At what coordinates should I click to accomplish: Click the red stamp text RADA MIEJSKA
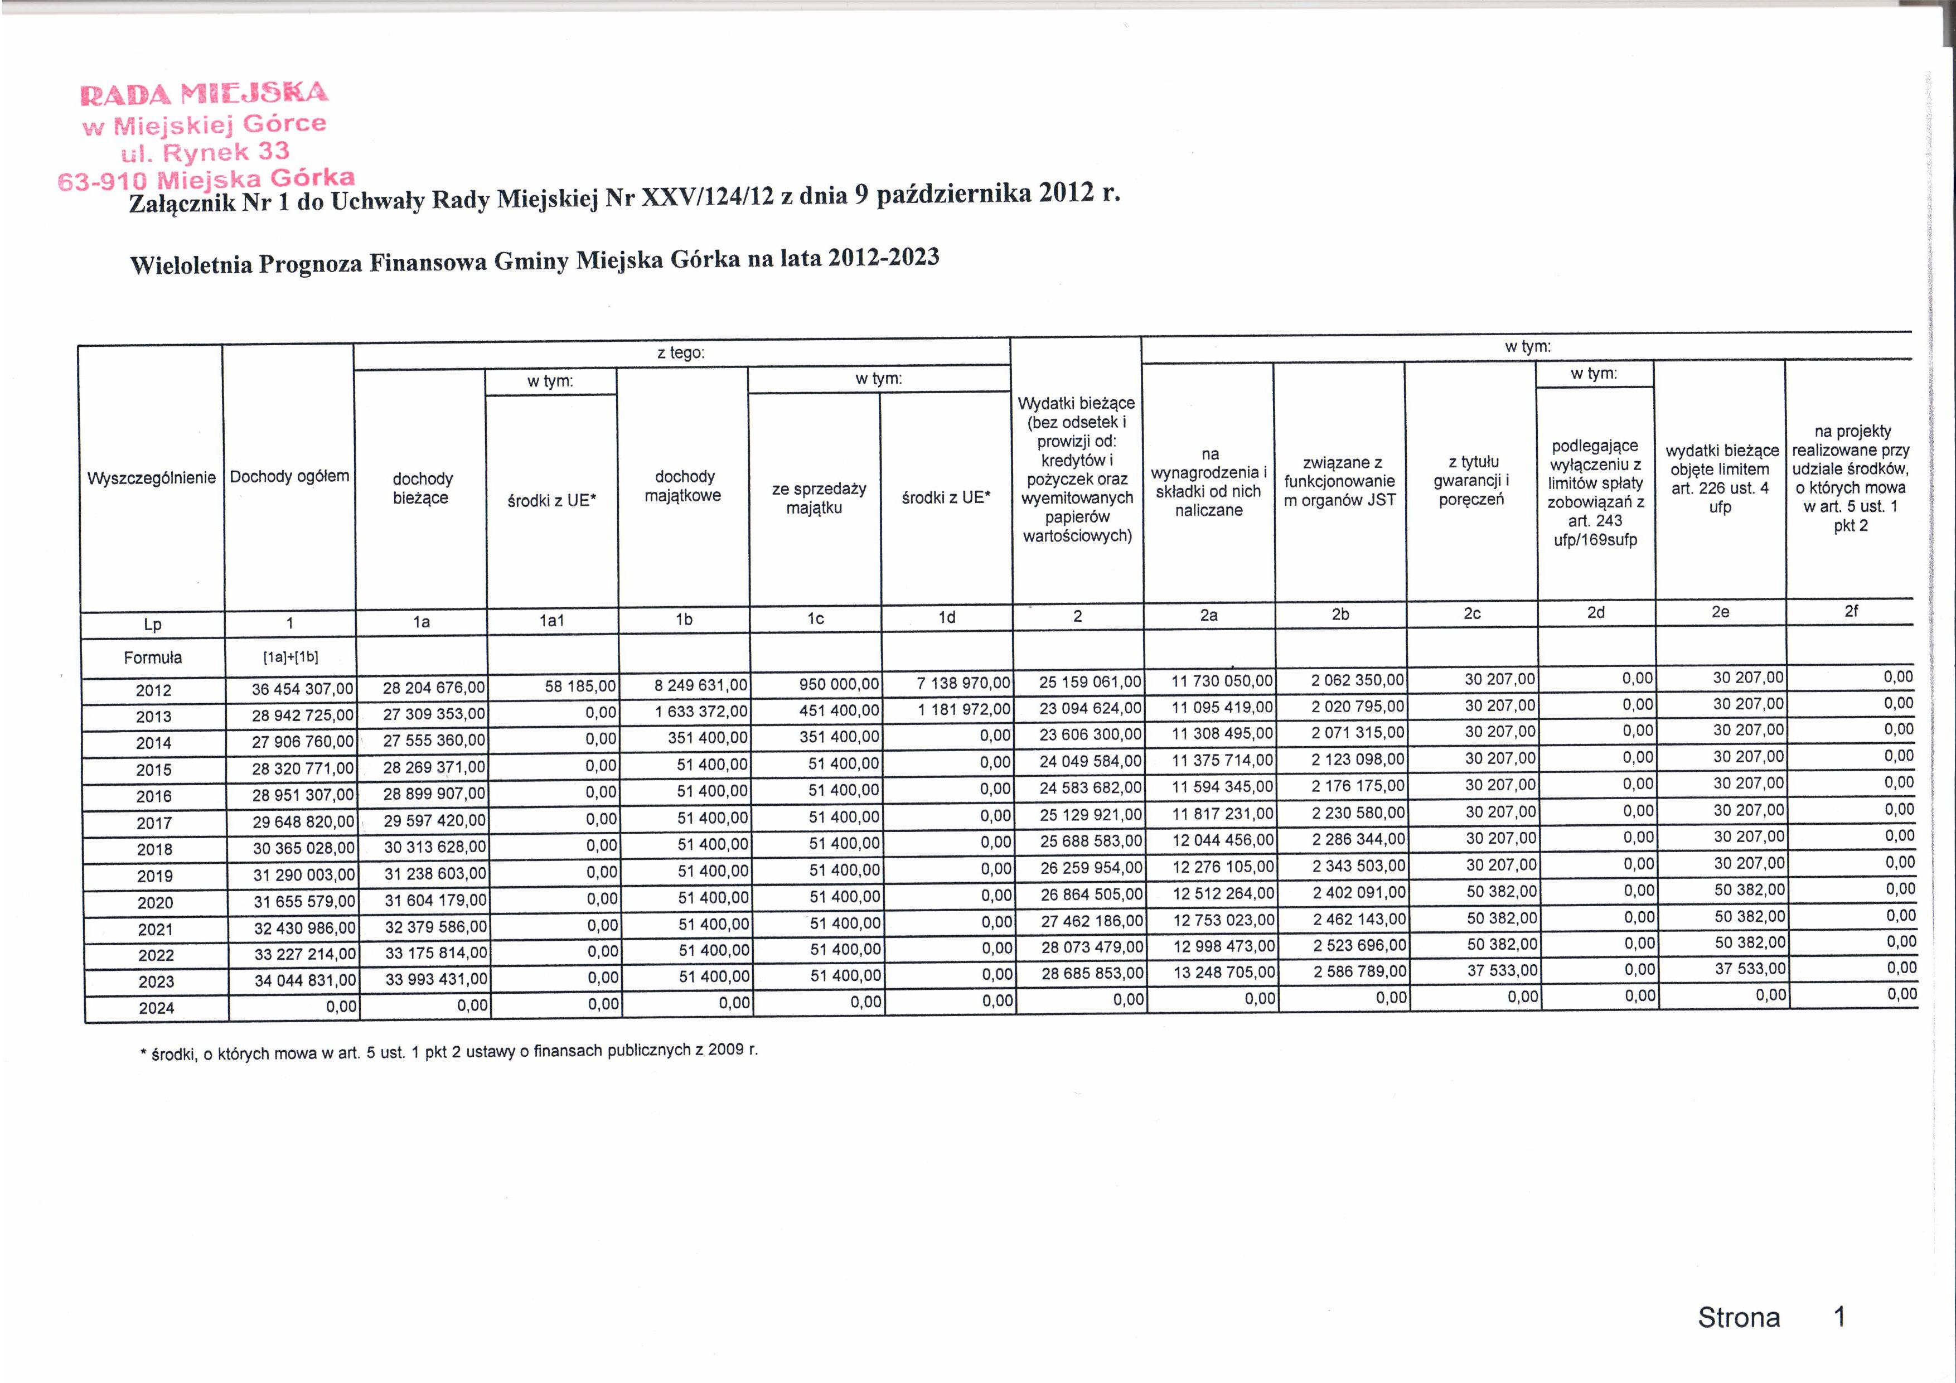point(205,92)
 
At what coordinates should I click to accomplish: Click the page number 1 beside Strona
point(1839,1317)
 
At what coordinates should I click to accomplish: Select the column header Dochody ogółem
point(289,476)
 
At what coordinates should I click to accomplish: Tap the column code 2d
point(1596,612)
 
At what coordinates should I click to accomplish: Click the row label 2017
point(154,823)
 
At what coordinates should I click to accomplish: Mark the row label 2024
point(157,1008)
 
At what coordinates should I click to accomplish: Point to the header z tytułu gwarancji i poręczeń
point(1471,481)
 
